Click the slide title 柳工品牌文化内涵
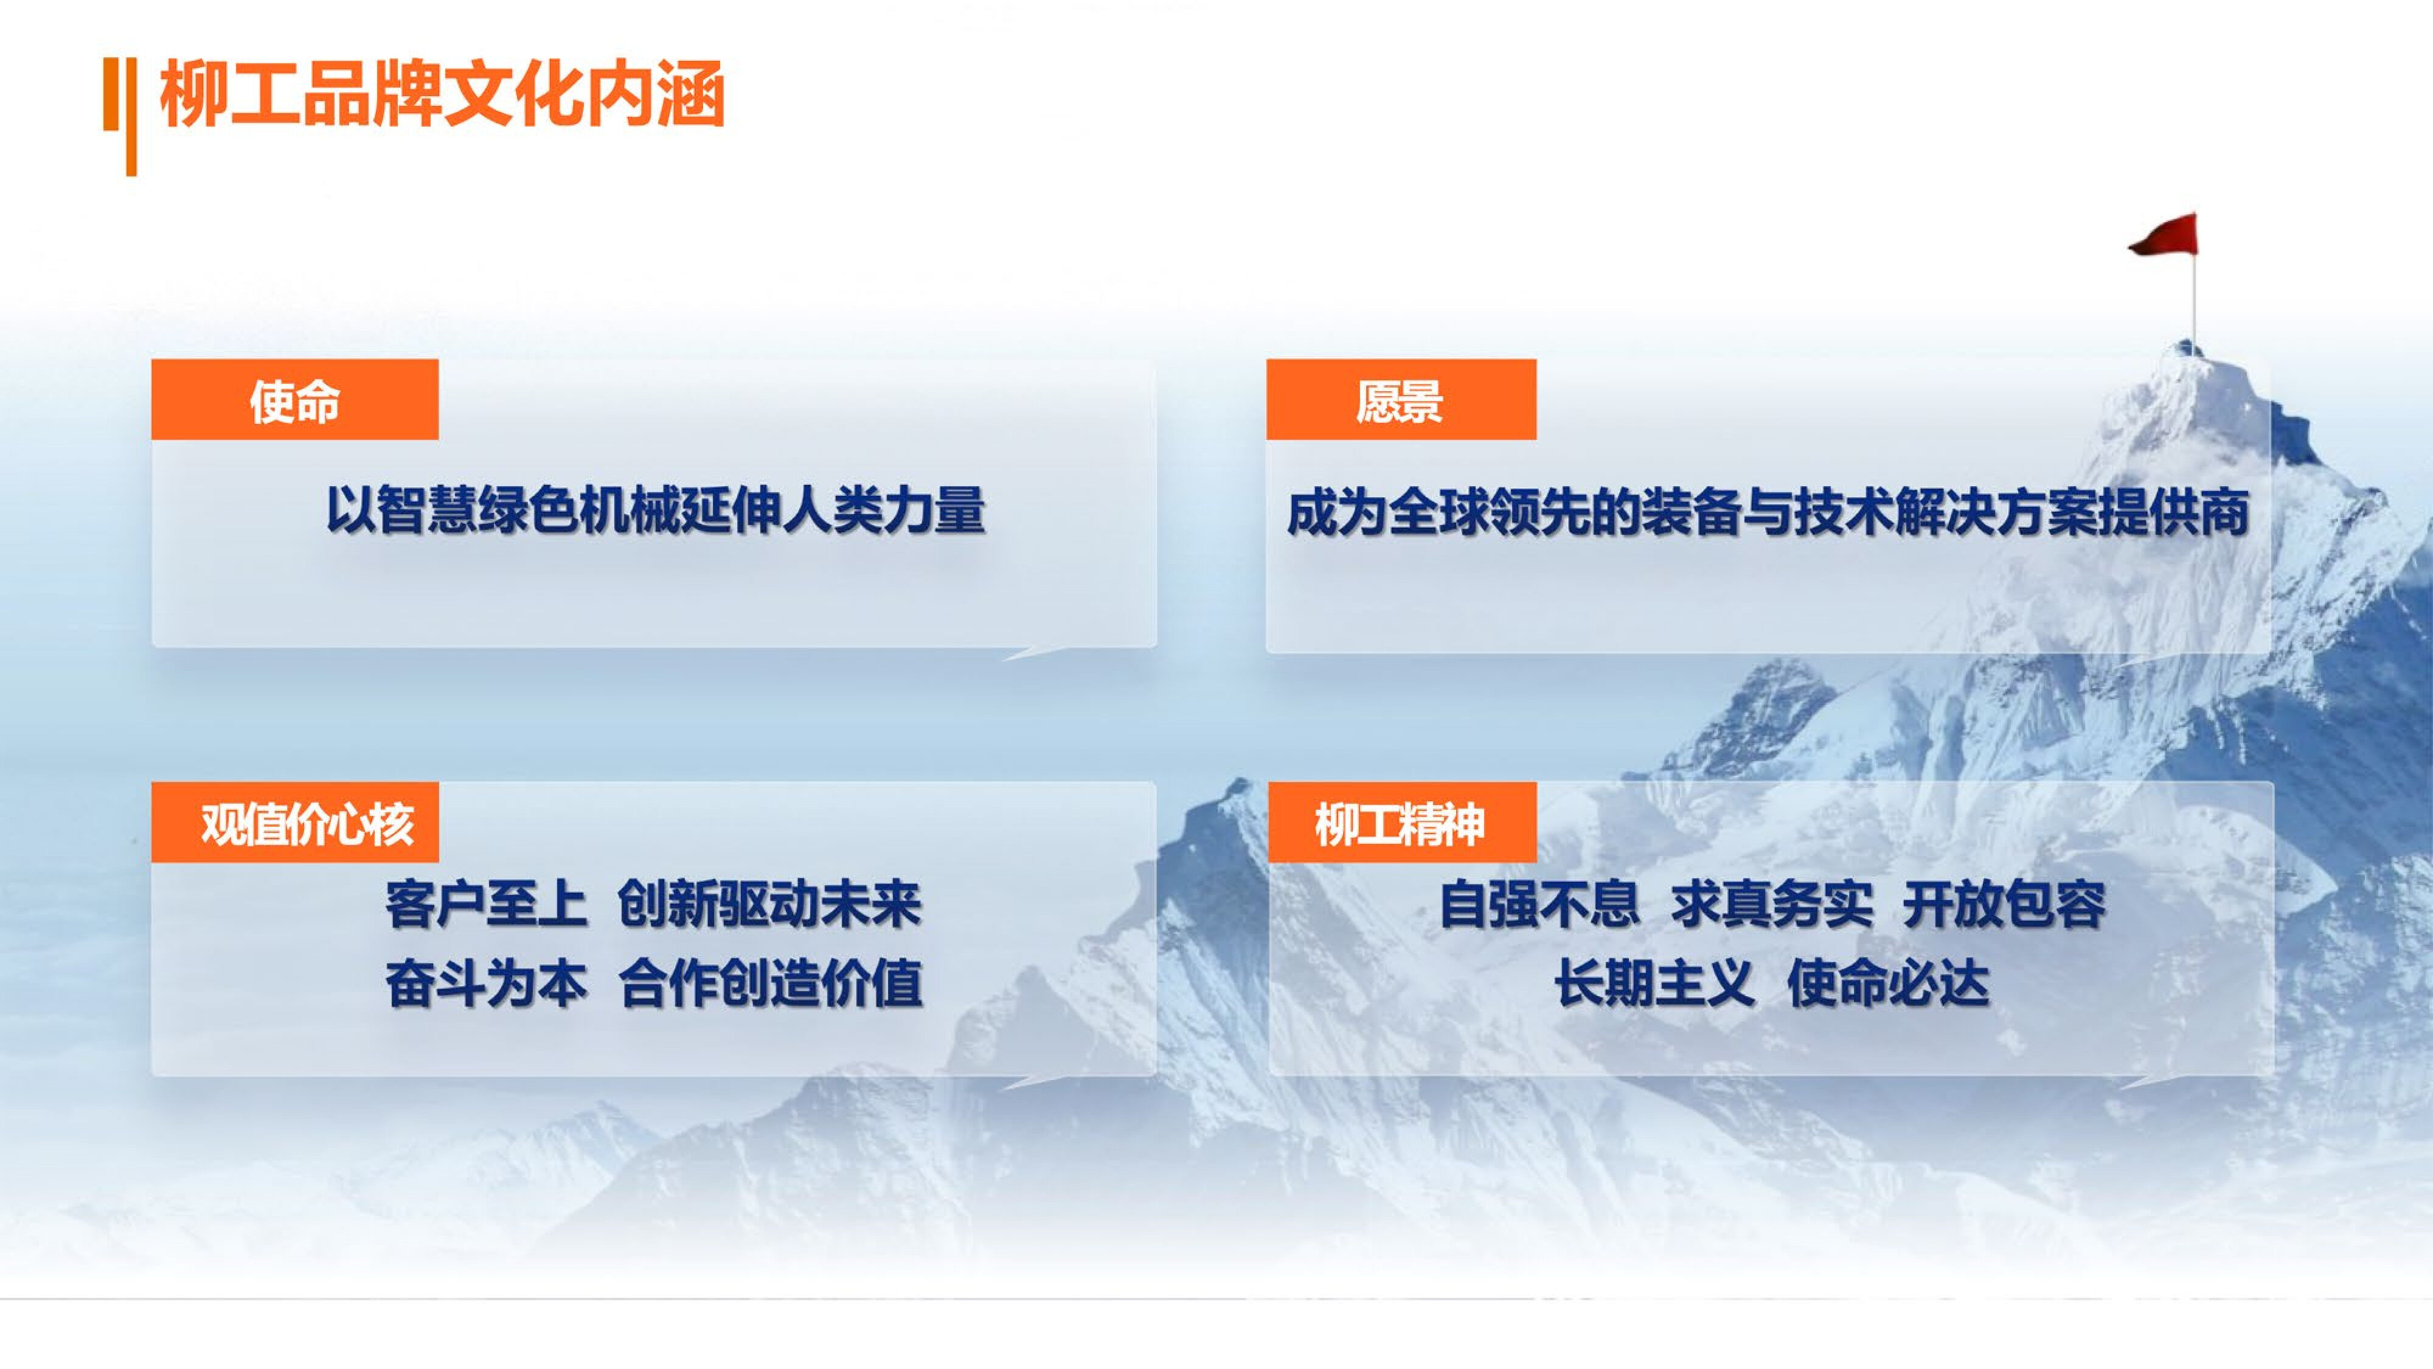(442, 94)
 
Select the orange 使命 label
(294, 400)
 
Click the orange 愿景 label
(1401, 400)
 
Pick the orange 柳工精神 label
(1401, 823)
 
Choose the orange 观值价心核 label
(294, 823)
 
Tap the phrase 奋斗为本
(485, 983)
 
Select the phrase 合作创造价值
(771, 983)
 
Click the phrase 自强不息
(1539, 904)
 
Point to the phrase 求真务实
(1772, 904)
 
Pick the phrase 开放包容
(2004, 904)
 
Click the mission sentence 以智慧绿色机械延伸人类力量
(656, 511)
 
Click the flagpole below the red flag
(2194, 298)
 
